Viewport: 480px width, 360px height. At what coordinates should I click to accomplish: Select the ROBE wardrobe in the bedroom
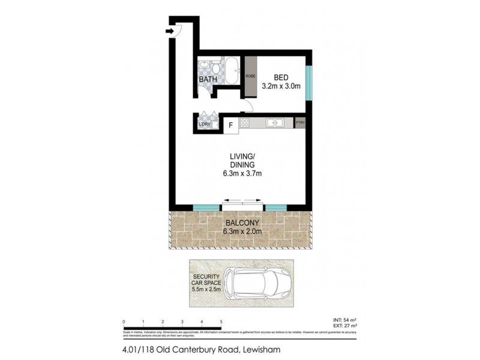(251, 76)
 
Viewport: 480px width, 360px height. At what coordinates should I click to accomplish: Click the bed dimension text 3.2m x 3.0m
(281, 86)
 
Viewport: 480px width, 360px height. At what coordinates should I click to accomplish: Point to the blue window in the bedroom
(308, 82)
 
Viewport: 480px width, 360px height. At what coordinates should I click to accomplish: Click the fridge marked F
(230, 125)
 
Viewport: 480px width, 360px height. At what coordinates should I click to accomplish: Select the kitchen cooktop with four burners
(245, 123)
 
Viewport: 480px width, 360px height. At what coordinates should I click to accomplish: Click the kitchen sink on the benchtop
(275, 123)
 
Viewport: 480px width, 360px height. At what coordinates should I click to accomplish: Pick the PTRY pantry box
(301, 123)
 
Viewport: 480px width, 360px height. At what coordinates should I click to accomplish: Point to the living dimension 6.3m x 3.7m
(243, 174)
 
